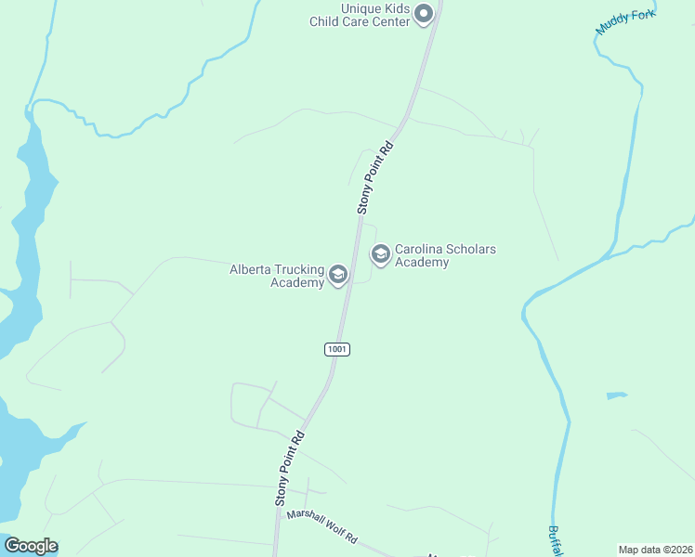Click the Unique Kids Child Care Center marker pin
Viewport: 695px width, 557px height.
[x=424, y=13]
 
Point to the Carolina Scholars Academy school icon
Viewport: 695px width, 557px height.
[x=380, y=253]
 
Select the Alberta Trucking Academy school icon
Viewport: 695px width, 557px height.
[x=337, y=275]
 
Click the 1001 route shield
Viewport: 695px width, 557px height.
[x=337, y=349]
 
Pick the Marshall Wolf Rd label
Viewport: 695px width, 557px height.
[x=321, y=526]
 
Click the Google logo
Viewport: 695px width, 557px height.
[x=31, y=546]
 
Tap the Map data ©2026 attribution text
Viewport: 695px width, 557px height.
[x=655, y=550]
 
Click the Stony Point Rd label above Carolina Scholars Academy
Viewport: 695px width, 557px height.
[x=375, y=177]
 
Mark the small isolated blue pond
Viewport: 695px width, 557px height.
[x=616, y=395]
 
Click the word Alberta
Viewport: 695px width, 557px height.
[x=251, y=269]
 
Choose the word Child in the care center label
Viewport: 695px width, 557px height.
[x=328, y=21]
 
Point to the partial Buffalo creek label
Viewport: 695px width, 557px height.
[x=554, y=541]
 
